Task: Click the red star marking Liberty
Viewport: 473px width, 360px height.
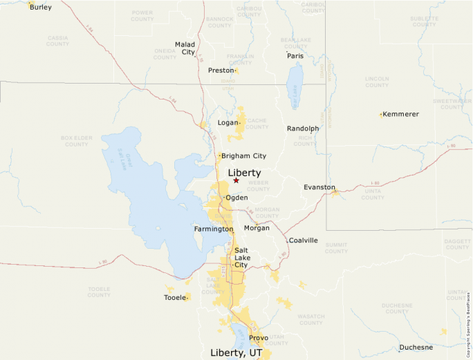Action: point(236,180)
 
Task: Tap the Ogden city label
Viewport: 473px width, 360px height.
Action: point(236,198)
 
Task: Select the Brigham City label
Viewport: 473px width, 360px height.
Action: point(243,156)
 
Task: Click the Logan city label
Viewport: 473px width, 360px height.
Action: point(228,123)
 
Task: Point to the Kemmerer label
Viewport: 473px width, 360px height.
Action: point(401,114)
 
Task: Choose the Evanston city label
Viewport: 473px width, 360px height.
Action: point(319,187)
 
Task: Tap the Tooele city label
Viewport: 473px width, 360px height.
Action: point(174,297)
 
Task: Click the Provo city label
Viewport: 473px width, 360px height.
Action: point(259,338)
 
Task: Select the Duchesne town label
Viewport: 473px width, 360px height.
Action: point(416,348)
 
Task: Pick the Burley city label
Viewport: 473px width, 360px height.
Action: point(40,8)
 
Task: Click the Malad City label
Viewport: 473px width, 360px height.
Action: point(185,48)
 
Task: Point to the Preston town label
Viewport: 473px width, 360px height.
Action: point(221,70)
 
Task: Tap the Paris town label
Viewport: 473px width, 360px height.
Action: point(295,56)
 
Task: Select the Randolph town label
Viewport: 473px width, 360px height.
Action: point(303,129)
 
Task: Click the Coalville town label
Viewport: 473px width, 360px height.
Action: point(303,240)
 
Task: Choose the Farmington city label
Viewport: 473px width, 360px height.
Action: point(213,229)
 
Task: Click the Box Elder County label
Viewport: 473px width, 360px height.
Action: point(76,141)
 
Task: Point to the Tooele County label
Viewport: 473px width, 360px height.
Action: point(99,292)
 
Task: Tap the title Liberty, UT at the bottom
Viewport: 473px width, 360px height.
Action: point(236,352)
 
